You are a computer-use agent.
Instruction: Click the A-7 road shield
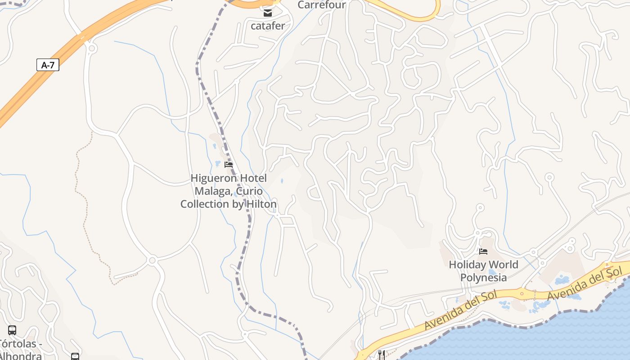(48, 65)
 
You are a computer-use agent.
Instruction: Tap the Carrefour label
(321, 5)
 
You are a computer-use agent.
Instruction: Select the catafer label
(268, 26)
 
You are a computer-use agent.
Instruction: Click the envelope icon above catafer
(268, 13)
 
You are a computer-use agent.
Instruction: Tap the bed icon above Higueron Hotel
(229, 165)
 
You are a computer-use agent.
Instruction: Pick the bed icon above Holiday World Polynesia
(483, 251)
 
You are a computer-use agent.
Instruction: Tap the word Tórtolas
(18, 344)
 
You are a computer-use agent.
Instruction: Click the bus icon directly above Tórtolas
(12, 330)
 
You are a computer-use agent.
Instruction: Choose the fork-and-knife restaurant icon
(382, 355)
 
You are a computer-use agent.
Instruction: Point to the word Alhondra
(20, 356)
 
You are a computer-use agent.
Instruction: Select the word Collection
(204, 204)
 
